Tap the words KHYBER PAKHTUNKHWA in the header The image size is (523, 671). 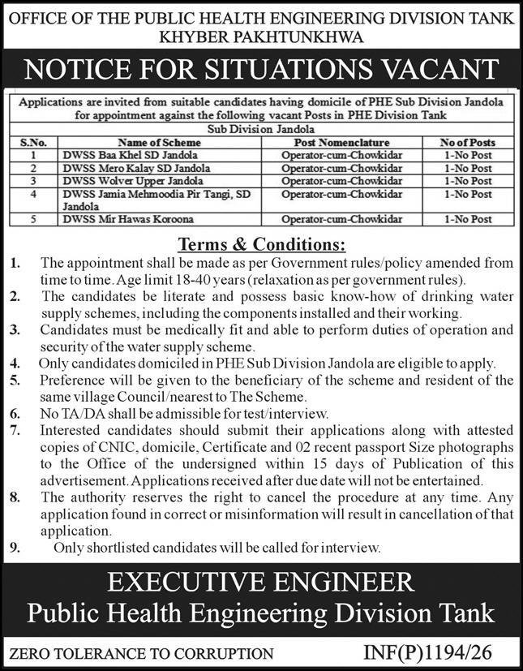point(261,36)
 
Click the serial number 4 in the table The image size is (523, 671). point(34,195)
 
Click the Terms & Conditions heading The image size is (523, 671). point(261,244)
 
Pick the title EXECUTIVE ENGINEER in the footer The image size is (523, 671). point(261,583)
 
